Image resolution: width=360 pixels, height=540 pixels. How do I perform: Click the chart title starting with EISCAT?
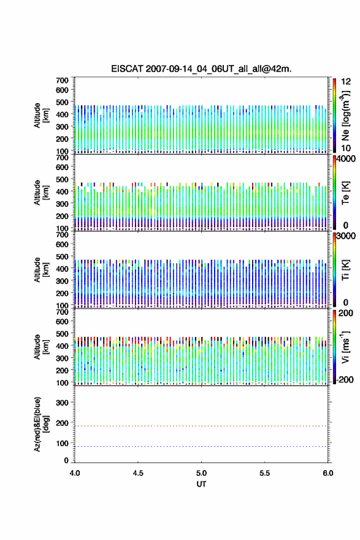pyautogui.click(x=201, y=69)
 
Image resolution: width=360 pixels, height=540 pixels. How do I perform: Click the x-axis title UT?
pyautogui.click(x=201, y=484)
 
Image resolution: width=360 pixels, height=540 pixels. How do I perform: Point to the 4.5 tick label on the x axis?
pyautogui.click(x=138, y=473)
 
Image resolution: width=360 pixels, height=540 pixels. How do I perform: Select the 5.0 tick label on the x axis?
pyautogui.click(x=201, y=473)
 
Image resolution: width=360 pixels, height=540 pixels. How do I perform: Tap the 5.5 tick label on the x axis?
pyautogui.click(x=265, y=473)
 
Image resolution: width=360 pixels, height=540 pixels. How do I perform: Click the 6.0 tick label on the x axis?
pyautogui.click(x=328, y=473)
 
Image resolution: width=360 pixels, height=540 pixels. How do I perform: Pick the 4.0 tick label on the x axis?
pyautogui.click(x=75, y=473)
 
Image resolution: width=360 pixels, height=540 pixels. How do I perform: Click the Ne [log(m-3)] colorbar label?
pyautogui.click(x=345, y=115)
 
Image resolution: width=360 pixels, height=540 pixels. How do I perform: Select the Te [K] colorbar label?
pyautogui.click(x=345, y=193)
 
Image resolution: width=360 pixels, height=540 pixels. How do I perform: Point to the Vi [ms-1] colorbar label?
pyautogui.click(x=345, y=347)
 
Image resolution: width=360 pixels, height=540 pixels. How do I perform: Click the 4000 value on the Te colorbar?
pyautogui.click(x=346, y=159)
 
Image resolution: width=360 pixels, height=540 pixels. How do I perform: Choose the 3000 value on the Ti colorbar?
pyautogui.click(x=346, y=236)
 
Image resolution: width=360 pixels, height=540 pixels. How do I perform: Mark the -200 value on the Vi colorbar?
pyautogui.click(x=343, y=379)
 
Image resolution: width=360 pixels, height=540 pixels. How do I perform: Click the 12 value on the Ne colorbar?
pyautogui.click(x=346, y=82)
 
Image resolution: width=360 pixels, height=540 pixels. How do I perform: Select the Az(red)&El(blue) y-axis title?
pyautogui.click(x=41, y=424)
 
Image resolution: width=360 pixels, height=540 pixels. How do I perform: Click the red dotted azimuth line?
pyautogui.click(x=201, y=426)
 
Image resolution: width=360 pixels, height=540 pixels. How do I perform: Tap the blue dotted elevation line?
pyautogui.click(x=201, y=446)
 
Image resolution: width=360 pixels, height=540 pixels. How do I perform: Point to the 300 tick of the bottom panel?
pyautogui.click(x=62, y=403)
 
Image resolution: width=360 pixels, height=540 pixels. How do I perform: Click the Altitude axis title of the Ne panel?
pyautogui.click(x=41, y=115)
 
